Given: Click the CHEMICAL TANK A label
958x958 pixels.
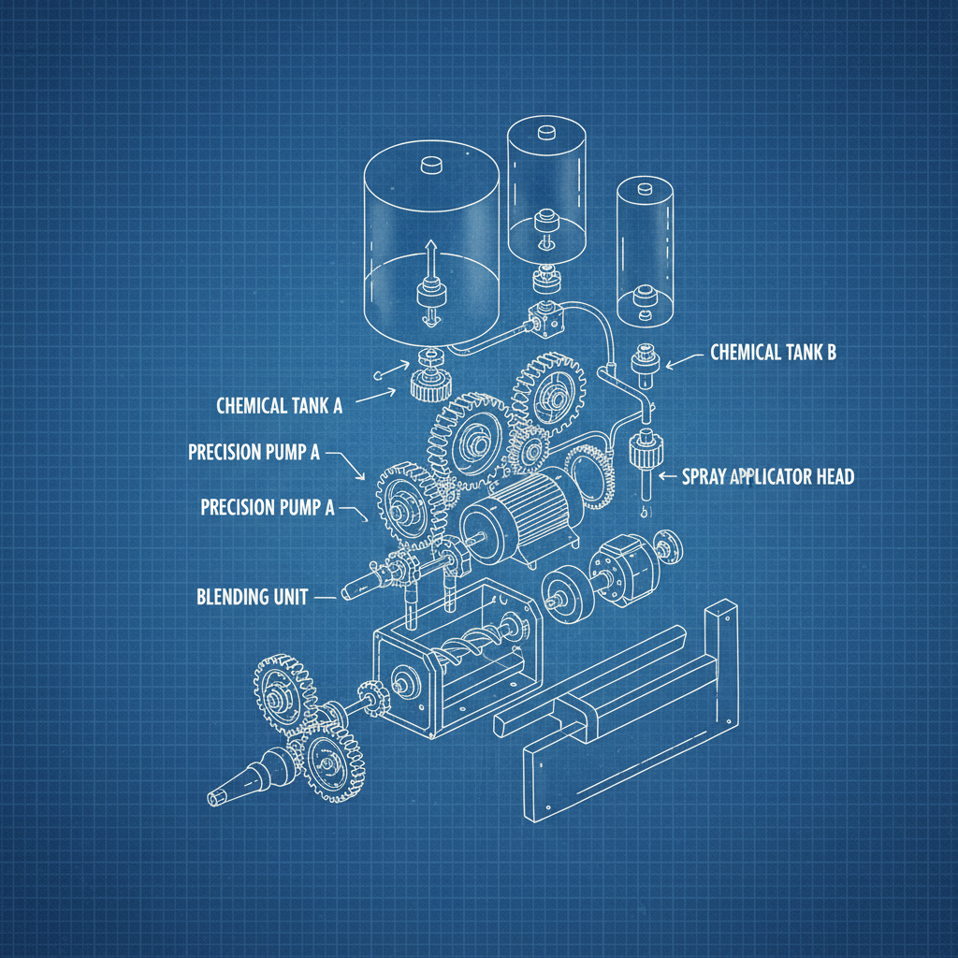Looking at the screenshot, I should [x=279, y=406].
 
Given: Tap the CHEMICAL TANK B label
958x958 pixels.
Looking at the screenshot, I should [x=773, y=353].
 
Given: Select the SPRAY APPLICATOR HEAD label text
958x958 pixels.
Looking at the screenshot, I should [x=770, y=477].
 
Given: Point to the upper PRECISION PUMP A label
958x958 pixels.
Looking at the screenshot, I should [x=254, y=453].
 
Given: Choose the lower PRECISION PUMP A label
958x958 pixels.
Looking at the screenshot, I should [x=267, y=507].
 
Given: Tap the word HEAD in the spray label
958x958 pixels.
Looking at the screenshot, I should [x=832, y=477].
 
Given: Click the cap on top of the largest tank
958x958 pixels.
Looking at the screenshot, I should [x=431, y=165].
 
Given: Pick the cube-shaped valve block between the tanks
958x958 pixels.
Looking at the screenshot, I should [x=544, y=320].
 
